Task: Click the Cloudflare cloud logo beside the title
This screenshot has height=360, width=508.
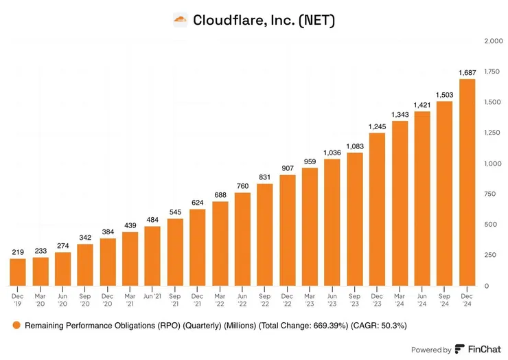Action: (x=180, y=20)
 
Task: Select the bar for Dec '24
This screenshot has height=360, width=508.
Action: (x=467, y=182)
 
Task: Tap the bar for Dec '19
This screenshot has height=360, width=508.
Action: (x=18, y=272)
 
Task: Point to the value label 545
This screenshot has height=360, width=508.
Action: (x=175, y=211)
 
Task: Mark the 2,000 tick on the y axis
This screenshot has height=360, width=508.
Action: (x=494, y=41)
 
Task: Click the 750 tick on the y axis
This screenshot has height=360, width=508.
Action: (x=489, y=194)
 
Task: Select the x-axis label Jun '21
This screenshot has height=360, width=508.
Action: (x=152, y=297)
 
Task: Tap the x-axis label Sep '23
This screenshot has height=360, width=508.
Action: (x=355, y=302)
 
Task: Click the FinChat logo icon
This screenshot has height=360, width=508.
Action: (x=459, y=349)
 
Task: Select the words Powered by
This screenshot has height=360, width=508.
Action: (x=432, y=349)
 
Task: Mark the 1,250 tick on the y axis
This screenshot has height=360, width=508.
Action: (x=492, y=133)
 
